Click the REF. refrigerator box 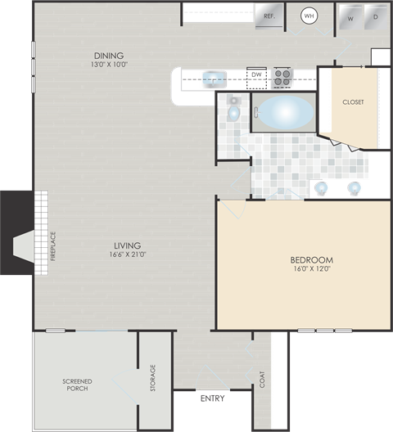click(269, 15)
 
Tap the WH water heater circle click(309, 16)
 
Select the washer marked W click(350, 17)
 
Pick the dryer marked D click(376, 17)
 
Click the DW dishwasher click(256, 76)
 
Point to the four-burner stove click(282, 77)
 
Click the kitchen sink click(212, 79)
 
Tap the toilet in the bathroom click(233, 110)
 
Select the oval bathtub click(283, 112)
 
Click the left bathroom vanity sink click(322, 188)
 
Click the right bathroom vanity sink click(355, 188)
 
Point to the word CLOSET click(353, 102)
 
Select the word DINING click(109, 55)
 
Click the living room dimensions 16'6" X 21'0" click(127, 254)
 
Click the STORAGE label click(152, 378)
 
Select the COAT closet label click(262, 379)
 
